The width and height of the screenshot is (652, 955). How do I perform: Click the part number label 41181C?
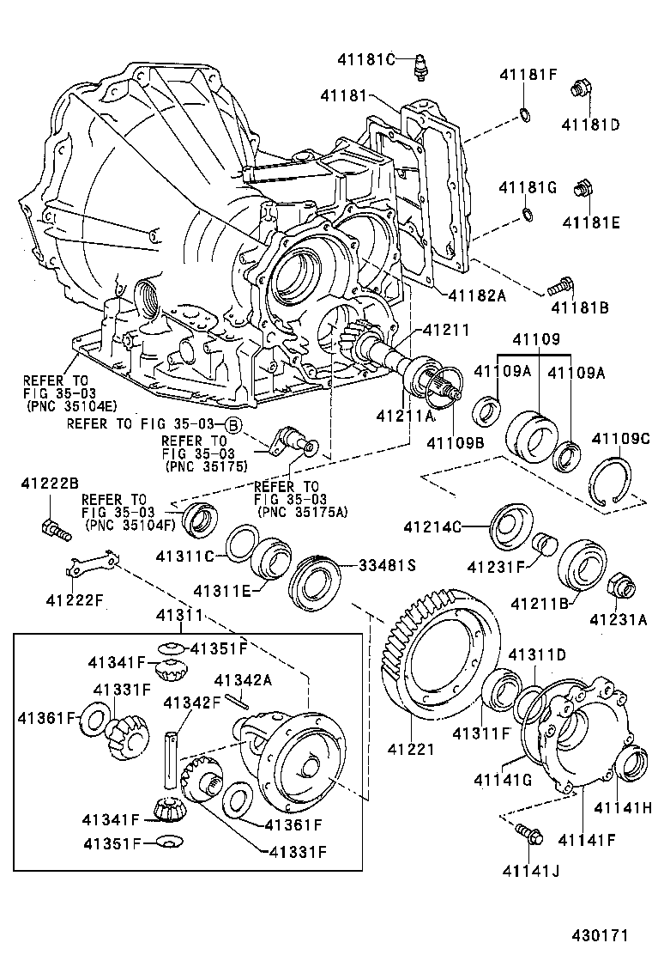pos(365,59)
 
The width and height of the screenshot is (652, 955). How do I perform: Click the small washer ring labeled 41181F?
pos(524,116)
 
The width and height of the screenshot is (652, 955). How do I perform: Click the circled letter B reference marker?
pos(232,424)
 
